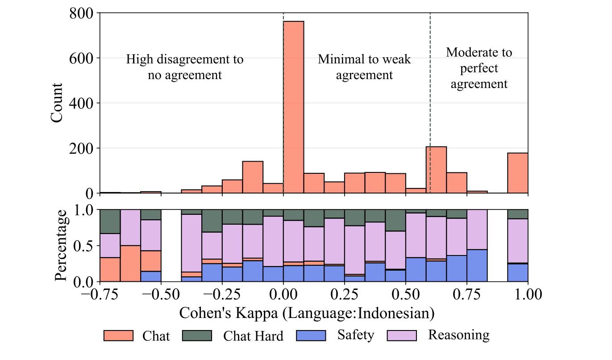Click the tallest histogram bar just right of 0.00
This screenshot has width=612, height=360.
[293, 107]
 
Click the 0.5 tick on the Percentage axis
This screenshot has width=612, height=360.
[85, 246]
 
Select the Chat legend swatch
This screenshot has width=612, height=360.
[118, 335]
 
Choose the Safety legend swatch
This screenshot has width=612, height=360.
[311, 335]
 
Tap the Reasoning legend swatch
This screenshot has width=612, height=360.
[401, 335]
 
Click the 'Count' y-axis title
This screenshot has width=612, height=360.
[57, 103]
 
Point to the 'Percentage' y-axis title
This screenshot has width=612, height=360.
[62, 245]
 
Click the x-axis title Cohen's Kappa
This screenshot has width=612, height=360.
[307, 313]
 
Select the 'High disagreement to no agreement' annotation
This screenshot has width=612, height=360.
[185, 67]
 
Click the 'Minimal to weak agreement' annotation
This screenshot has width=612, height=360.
[364, 67]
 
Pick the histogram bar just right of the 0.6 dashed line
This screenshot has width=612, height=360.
[436, 170]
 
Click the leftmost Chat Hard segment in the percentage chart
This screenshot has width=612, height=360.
[110, 221]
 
